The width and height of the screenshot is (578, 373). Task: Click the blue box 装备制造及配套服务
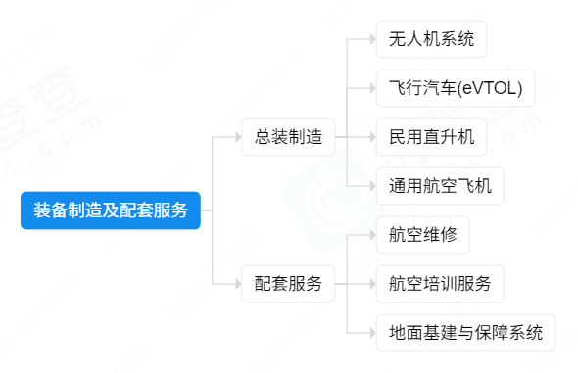(x=111, y=210)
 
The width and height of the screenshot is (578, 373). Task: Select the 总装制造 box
(x=288, y=137)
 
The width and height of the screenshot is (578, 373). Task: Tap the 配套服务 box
(x=288, y=284)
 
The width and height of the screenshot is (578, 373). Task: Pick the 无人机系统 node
(x=431, y=39)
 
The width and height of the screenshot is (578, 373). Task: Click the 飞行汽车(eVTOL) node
(x=456, y=88)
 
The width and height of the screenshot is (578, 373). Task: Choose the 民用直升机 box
(x=431, y=137)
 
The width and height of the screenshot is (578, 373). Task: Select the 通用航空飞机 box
(x=440, y=186)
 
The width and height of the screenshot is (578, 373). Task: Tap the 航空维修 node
(x=423, y=235)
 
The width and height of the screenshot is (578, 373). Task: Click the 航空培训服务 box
(x=440, y=284)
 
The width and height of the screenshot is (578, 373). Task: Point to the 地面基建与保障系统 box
(x=465, y=333)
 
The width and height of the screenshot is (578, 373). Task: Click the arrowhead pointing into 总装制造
(x=238, y=137)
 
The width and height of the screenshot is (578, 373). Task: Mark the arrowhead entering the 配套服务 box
(x=238, y=284)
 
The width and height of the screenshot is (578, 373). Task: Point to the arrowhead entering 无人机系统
(x=372, y=39)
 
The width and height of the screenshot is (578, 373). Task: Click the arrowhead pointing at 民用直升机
(x=372, y=137)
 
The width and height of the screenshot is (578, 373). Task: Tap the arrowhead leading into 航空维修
(x=372, y=235)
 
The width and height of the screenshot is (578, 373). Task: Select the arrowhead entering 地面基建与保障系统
(x=372, y=333)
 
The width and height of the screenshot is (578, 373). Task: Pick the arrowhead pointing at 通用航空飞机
(x=372, y=186)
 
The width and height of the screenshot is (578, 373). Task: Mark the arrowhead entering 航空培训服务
(x=372, y=284)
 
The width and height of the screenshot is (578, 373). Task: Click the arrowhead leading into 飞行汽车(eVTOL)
(x=372, y=88)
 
